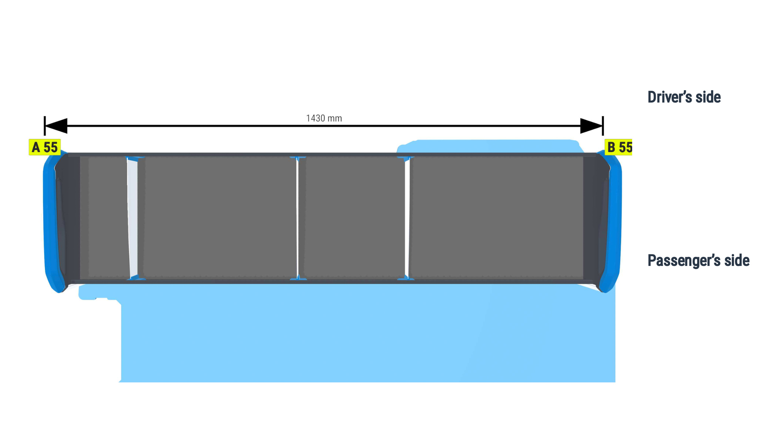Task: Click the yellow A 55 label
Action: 45,147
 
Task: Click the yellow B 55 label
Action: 618,147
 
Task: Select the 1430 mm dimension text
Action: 324,118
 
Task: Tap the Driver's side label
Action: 684,97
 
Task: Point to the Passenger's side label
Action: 698,260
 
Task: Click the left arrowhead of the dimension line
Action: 56,126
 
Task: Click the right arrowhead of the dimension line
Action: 591,126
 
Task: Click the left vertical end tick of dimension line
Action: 45,126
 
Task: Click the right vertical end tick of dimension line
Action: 603,126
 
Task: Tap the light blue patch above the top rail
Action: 489,146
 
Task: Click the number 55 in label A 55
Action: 51,147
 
